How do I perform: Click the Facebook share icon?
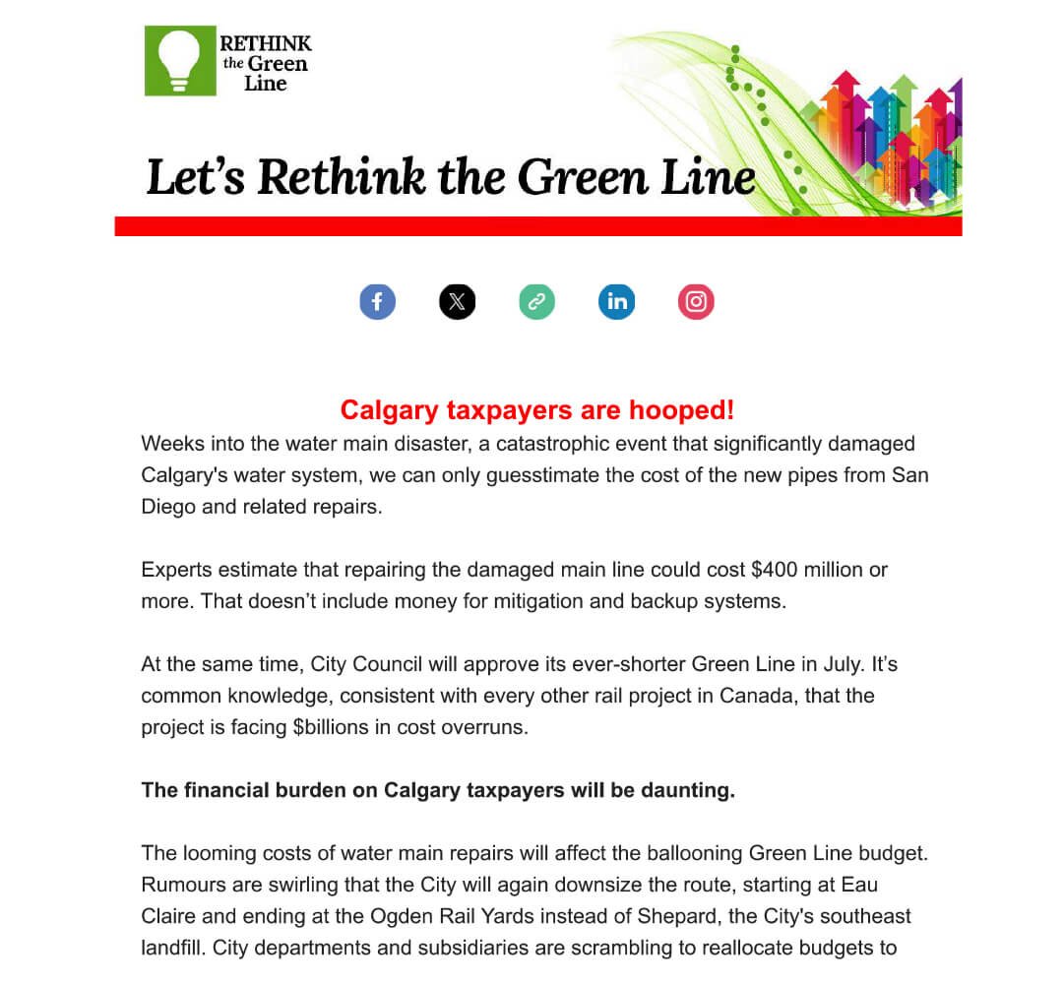(x=377, y=301)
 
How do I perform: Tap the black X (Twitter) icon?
(x=457, y=301)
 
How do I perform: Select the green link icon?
(x=536, y=301)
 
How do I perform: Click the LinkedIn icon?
(x=617, y=301)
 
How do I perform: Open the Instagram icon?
(x=696, y=301)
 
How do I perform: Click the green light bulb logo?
(x=180, y=61)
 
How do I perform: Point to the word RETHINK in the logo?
(x=266, y=43)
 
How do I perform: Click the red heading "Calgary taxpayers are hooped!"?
(x=536, y=409)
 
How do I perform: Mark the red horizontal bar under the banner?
(x=537, y=226)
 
